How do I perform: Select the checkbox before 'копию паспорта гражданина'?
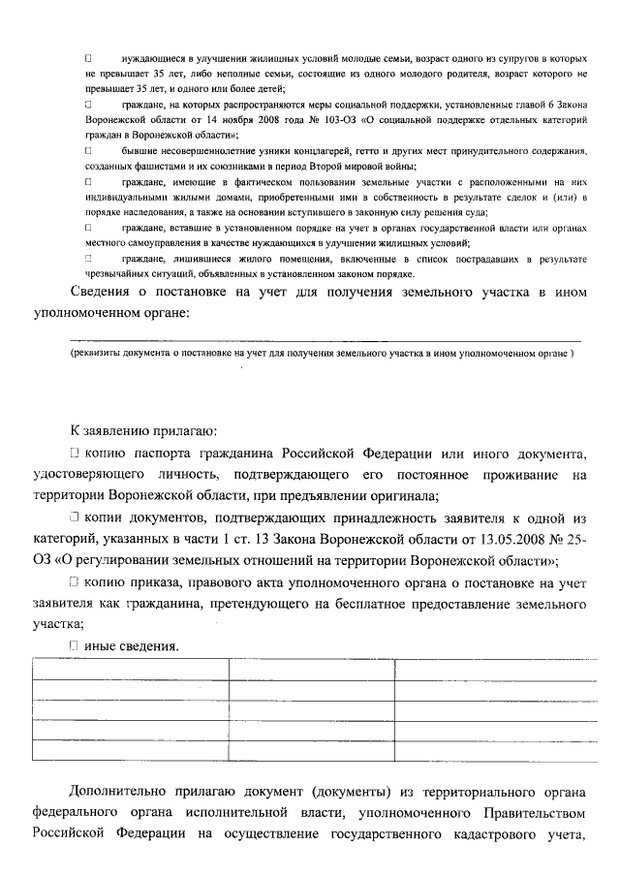(x=75, y=454)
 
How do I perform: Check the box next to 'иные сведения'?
(x=75, y=644)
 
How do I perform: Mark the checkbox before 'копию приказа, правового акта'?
(x=75, y=581)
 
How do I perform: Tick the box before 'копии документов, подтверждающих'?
(x=75, y=517)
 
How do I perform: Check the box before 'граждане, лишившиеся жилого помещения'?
(x=88, y=259)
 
